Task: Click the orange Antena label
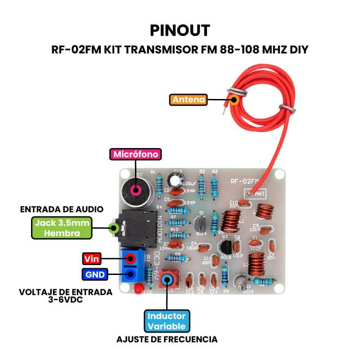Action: click(189, 99)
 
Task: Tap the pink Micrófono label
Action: click(135, 154)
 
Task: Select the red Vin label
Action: click(92, 259)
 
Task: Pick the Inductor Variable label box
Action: click(166, 321)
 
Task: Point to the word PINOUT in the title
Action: click(180, 30)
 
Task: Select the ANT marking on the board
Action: click(260, 194)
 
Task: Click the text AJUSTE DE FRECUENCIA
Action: click(166, 339)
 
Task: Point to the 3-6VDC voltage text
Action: click(66, 300)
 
